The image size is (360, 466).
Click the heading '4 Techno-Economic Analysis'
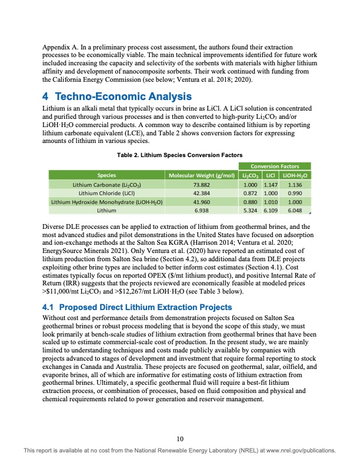(x=118, y=96)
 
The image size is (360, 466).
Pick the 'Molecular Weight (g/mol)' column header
(x=201, y=175)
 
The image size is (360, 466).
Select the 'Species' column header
(x=106, y=175)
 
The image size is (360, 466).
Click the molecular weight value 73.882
(x=201, y=184)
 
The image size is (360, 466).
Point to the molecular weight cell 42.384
(x=201, y=192)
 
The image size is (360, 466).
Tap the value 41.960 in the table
(x=201, y=201)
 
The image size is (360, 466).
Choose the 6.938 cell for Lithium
(x=201, y=209)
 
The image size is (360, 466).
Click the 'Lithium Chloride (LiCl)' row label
(x=106, y=192)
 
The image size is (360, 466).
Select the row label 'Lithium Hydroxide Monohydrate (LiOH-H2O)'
(x=106, y=201)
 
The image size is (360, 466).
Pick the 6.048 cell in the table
(x=294, y=209)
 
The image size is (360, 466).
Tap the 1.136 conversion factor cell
(x=294, y=184)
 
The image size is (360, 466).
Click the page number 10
(x=180, y=438)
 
